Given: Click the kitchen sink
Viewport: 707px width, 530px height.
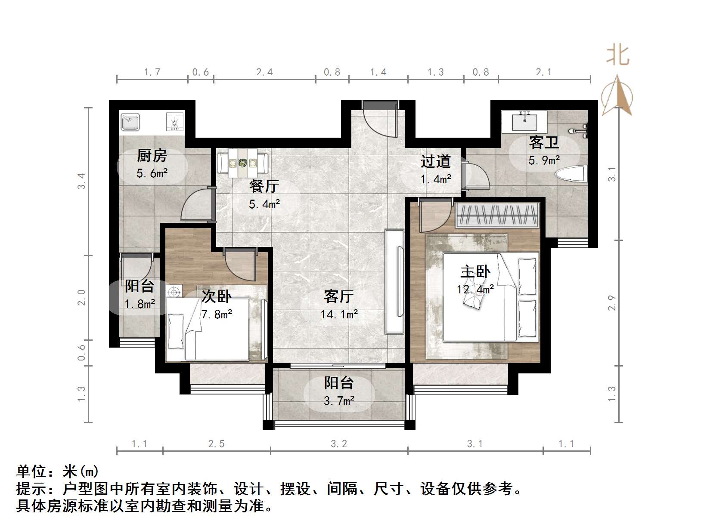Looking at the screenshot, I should click(130, 121).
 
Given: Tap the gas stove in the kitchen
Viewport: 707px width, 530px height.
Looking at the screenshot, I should click(175, 122).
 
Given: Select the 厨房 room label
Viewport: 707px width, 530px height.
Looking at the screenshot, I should click(152, 155).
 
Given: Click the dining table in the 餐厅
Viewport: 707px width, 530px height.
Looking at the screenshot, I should click(243, 163).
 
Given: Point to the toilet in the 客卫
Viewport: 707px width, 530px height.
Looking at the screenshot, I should click(571, 175).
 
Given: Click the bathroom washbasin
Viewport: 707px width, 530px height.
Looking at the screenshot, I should click(524, 120).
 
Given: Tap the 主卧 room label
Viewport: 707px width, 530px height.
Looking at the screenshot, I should click(475, 272).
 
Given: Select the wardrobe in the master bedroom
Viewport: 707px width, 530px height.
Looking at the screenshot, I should click(497, 215).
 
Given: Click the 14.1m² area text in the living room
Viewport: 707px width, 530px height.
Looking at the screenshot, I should click(339, 314).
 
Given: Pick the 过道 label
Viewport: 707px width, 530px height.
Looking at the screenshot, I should click(436, 161).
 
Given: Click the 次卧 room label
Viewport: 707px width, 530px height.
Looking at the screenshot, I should click(217, 296).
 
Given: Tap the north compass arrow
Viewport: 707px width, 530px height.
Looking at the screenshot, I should click(617, 96).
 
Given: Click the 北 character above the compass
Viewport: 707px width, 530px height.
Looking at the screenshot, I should click(618, 56).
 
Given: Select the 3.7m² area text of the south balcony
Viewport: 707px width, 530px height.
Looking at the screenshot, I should click(339, 401).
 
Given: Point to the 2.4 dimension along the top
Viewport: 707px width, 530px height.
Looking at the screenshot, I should click(264, 72).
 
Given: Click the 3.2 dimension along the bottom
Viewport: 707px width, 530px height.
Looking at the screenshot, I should click(339, 444).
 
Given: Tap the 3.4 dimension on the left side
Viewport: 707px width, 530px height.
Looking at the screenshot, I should click(81, 181).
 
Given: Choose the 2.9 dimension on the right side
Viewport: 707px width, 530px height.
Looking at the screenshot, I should click(612, 302).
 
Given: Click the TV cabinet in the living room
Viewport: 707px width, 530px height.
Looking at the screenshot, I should click(394, 282).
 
